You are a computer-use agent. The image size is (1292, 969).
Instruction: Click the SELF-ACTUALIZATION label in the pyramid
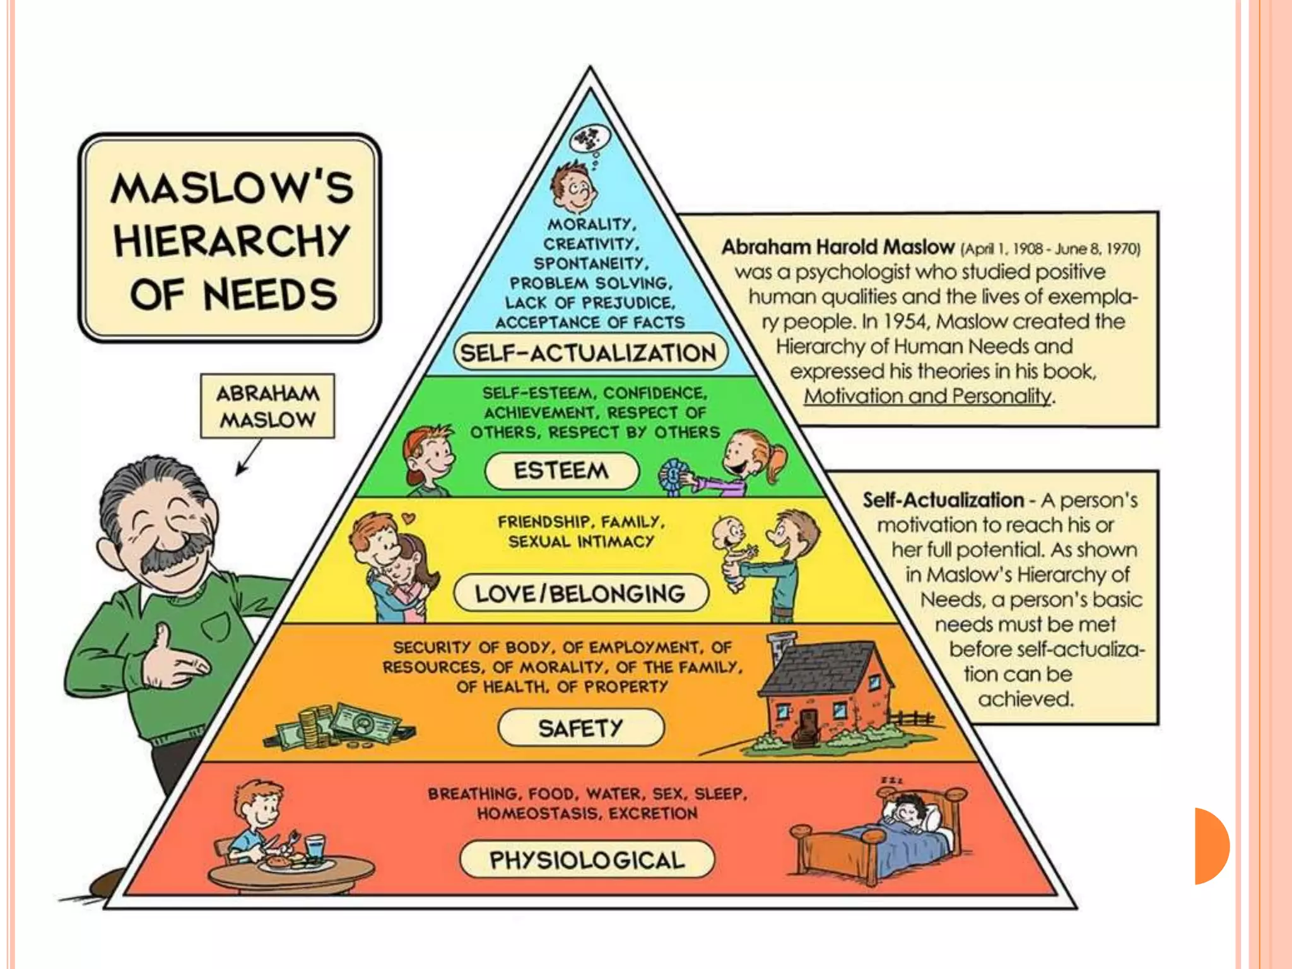point(589,353)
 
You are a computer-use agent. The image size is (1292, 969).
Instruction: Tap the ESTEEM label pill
point(561,471)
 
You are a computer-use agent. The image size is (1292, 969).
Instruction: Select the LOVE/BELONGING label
point(580,593)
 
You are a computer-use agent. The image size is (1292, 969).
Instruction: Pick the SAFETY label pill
point(580,728)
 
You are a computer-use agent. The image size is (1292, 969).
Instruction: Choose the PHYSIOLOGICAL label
point(587,860)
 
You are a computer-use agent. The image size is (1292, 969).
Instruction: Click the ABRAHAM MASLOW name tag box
point(267,406)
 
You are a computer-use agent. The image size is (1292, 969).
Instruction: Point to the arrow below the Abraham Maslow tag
point(249,457)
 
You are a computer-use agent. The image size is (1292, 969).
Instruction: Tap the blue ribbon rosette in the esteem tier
point(674,476)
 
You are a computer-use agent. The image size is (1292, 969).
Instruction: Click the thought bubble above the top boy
point(590,139)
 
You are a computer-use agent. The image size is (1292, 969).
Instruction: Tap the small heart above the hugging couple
point(409,519)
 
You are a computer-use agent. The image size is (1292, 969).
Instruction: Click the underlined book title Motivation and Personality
point(927,396)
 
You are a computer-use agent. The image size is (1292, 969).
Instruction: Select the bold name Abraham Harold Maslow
point(838,247)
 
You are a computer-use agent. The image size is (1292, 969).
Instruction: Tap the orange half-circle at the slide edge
point(1211,845)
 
